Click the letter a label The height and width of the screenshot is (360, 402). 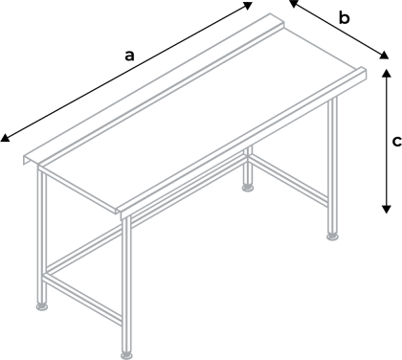point(129,55)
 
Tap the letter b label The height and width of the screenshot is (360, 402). point(346,18)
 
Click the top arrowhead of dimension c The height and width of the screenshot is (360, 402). point(386,70)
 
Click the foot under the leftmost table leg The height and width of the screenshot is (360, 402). point(43,307)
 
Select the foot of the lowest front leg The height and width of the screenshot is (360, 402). point(126,354)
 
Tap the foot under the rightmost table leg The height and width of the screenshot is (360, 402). point(333,234)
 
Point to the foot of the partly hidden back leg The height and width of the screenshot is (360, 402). point(249,189)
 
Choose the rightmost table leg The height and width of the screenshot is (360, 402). point(333,163)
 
